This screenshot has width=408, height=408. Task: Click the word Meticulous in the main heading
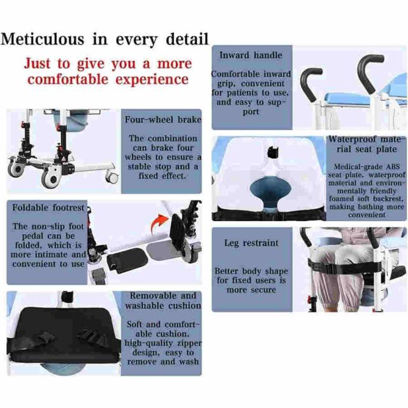point(43,39)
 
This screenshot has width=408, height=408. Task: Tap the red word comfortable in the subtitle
point(68,79)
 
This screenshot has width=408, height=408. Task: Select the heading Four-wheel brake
point(163,119)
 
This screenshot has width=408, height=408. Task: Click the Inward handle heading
point(251,55)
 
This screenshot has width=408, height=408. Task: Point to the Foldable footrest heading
point(48,208)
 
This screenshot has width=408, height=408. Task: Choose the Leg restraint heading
point(251,243)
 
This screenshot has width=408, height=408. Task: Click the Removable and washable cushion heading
point(163,300)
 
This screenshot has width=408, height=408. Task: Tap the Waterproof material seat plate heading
point(367,144)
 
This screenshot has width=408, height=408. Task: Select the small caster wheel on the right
point(112,177)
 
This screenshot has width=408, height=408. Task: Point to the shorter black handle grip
point(310,84)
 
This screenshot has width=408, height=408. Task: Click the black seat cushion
point(64,336)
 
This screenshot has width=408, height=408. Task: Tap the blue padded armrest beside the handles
point(348,99)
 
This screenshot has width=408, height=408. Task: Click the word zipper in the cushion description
point(189,343)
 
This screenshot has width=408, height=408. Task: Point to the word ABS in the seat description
point(393,166)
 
